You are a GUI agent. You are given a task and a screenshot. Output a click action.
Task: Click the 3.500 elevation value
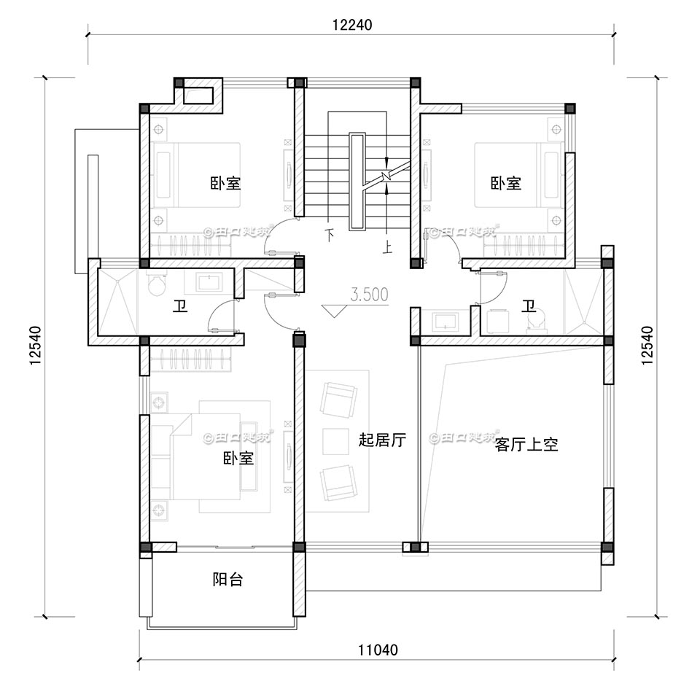(369, 295)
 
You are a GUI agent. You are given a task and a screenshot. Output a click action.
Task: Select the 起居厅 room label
(381, 440)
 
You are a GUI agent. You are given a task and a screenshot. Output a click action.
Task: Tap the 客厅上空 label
(526, 445)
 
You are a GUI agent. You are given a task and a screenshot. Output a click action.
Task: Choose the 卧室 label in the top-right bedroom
(505, 183)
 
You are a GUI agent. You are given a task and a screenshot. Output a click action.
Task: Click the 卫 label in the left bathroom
(179, 307)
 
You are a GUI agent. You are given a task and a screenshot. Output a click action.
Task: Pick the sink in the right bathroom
(443, 320)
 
